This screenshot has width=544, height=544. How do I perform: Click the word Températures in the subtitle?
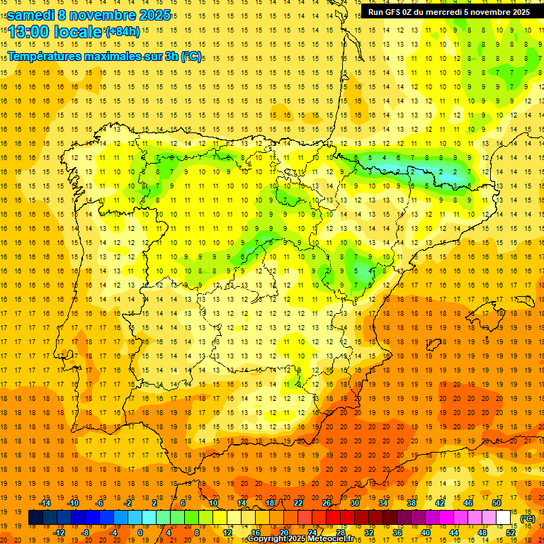(x=50, y=55)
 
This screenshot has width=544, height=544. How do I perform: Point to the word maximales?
(x=129, y=55)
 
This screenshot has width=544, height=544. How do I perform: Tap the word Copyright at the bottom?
(x=268, y=539)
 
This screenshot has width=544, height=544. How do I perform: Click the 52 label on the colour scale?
(x=511, y=533)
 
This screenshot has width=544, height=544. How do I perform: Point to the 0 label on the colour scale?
(x=140, y=533)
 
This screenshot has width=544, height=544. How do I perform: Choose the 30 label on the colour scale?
(x=354, y=503)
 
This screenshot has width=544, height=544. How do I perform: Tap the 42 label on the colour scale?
(x=439, y=503)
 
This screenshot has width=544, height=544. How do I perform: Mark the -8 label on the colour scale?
(x=85, y=533)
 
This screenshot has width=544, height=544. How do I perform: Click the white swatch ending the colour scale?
(x=503, y=518)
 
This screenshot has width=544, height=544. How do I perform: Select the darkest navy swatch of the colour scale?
(x=35, y=518)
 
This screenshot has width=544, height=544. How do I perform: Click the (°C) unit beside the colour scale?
(x=527, y=518)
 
